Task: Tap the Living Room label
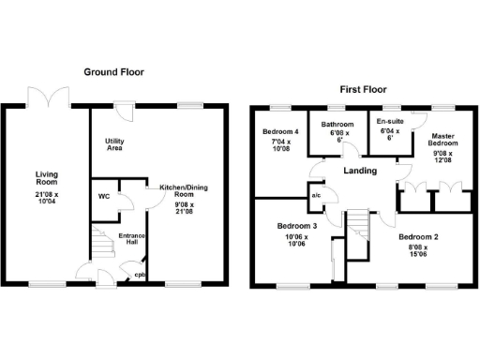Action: pyautogui.click(x=48, y=178)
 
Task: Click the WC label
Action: pyautogui.click(x=104, y=197)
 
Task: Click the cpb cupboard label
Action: pyautogui.click(x=139, y=275)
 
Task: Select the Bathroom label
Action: pyautogui.click(x=337, y=124)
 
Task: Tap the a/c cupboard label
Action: pyautogui.click(x=316, y=196)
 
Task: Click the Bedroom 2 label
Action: pyautogui.click(x=417, y=237)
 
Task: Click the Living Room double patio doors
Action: pyautogui.click(x=48, y=97)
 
